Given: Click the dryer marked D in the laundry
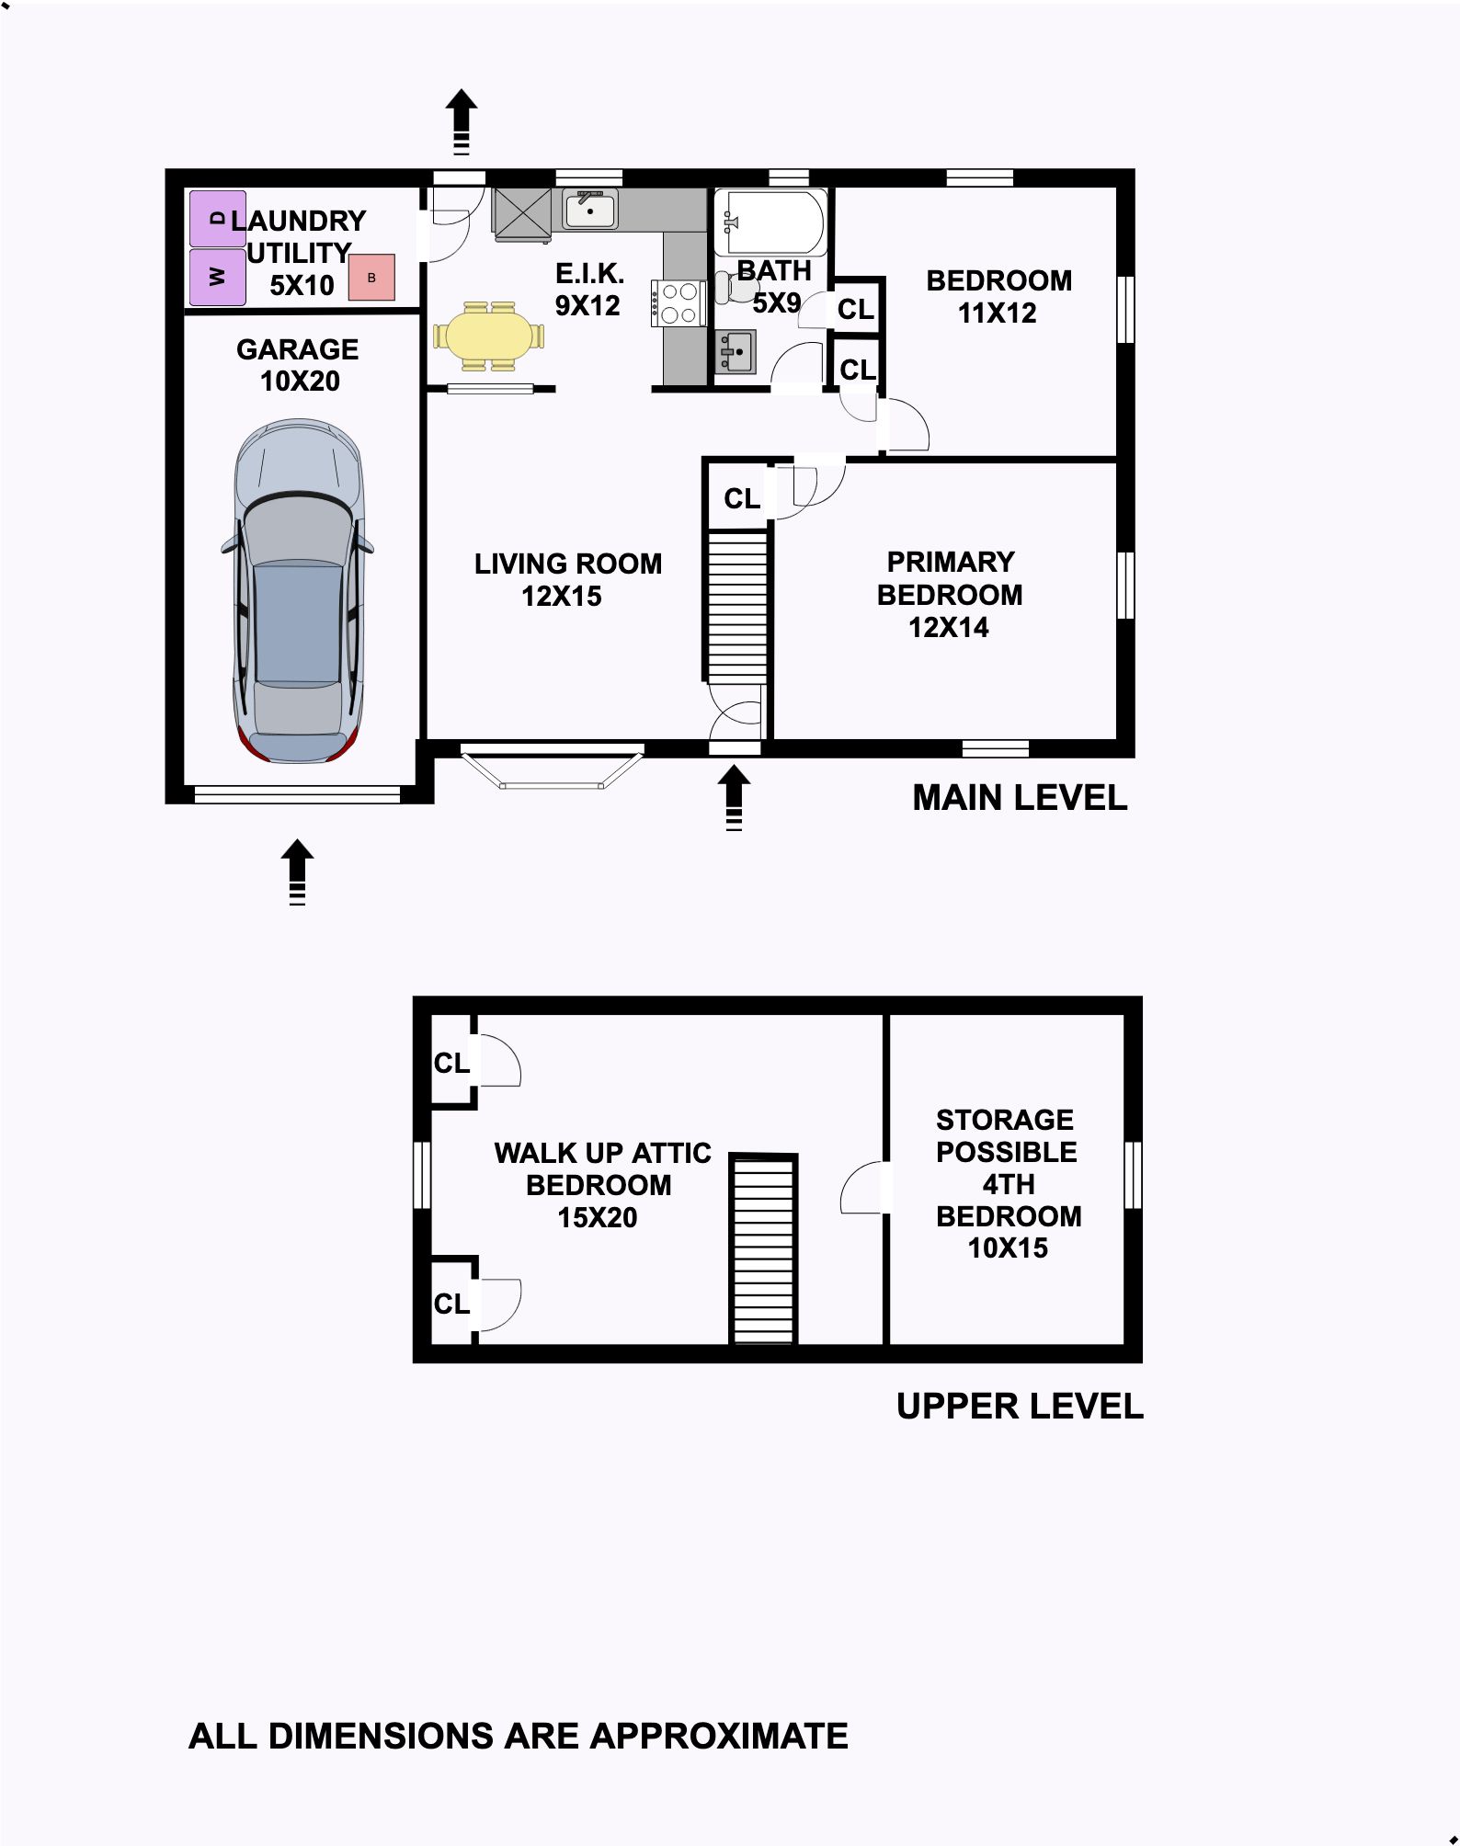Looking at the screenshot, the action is point(218,219).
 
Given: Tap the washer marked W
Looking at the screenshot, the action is point(218,277).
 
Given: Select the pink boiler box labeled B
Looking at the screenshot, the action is point(371,277).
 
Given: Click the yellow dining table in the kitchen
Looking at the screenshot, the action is point(488,336).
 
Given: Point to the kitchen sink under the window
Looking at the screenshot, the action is point(590,210).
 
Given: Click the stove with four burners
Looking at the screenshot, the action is point(679,302).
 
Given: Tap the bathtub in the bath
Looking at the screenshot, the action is point(770,222).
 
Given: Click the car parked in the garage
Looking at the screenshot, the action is point(297,591).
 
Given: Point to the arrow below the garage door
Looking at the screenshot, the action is point(297,872).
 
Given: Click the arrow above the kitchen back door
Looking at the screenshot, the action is point(462,121).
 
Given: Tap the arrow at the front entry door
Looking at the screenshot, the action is point(734,798).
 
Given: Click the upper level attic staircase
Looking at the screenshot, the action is point(764,1248).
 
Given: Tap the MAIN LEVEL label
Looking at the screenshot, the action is point(1020,798).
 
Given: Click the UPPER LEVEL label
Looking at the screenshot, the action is point(1020,1406).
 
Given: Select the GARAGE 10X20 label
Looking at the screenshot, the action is point(299,365).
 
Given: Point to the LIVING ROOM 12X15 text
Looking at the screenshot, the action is point(567,579).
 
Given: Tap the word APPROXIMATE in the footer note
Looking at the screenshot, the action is point(719,1736).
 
